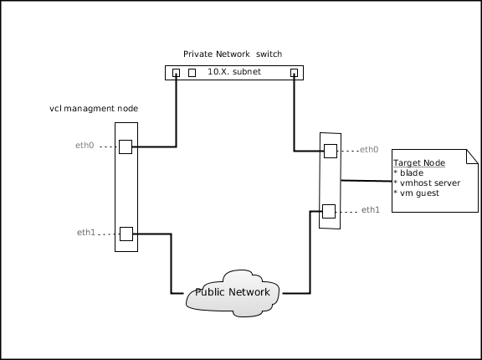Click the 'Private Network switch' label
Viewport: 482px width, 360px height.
(233, 54)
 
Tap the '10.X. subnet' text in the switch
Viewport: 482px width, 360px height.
(234, 72)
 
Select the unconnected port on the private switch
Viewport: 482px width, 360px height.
(192, 73)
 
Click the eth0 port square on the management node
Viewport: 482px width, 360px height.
(126, 147)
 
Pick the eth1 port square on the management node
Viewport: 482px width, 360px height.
(126, 234)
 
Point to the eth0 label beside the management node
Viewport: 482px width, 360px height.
(85, 145)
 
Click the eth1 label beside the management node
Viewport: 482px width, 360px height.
(86, 232)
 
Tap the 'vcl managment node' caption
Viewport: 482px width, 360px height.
(94, 109)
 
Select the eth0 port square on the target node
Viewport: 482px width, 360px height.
(331, 151)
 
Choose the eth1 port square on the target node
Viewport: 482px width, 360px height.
(329, 211)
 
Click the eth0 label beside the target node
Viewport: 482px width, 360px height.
(369, 149)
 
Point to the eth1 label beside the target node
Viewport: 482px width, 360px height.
(371, 209)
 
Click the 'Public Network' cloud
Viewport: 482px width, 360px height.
(233, 294)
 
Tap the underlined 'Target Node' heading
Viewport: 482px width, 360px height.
(419, 162)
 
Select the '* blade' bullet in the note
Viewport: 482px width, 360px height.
(408, 172)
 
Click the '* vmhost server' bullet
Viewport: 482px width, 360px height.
(427, 183)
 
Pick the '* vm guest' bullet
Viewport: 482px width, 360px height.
(417, 193)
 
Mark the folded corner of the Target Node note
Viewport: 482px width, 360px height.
(473, 157)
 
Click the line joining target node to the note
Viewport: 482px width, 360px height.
(367, 181)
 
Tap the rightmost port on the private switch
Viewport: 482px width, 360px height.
(295, 73)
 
